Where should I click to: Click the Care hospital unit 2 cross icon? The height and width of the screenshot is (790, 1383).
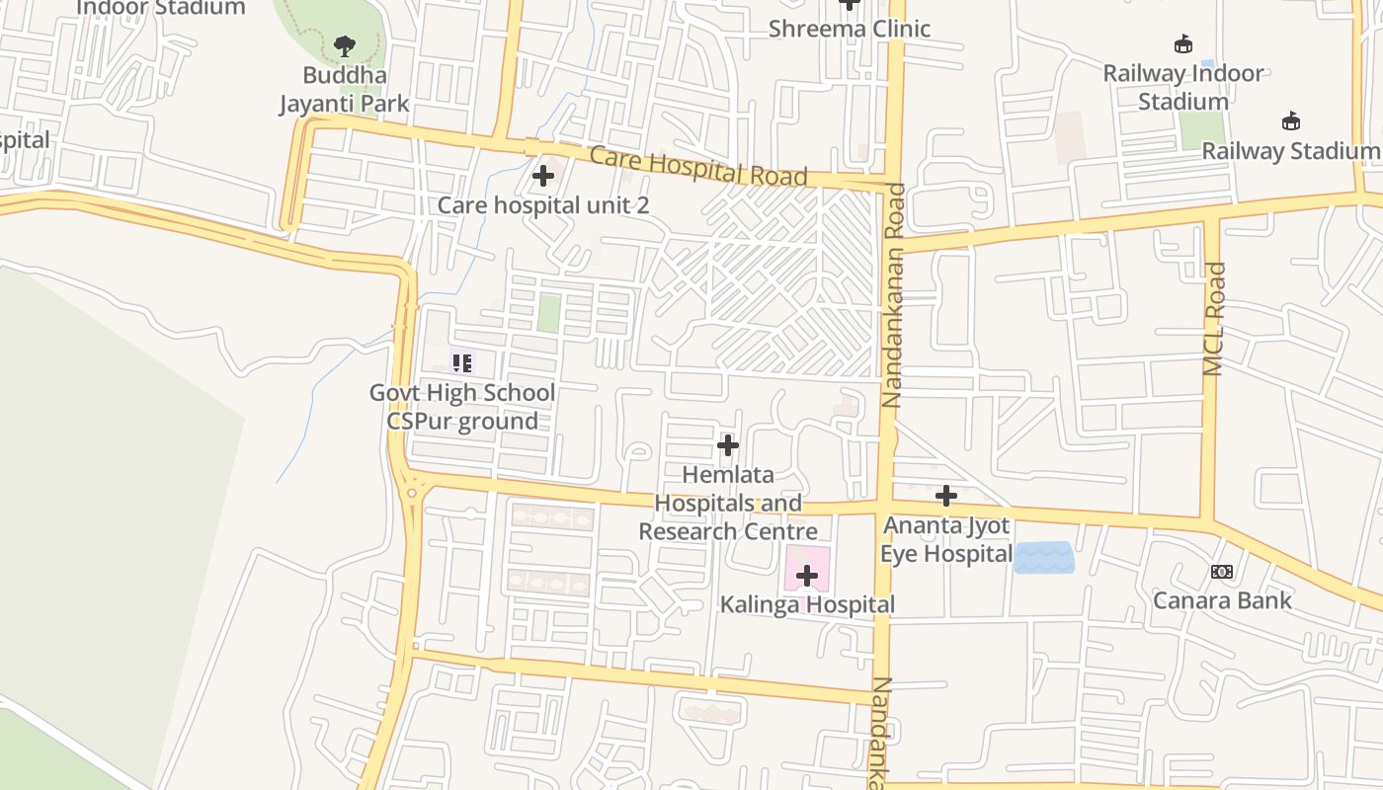point(542,177)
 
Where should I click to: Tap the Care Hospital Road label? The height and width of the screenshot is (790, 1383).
point(698,166)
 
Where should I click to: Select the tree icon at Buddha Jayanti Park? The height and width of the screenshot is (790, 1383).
point(344,45)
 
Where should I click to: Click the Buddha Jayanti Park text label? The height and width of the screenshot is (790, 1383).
point(344,89)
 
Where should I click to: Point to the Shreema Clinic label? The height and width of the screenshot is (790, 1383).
point(850,29)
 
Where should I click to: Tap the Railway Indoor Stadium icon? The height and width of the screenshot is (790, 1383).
point(1182,43)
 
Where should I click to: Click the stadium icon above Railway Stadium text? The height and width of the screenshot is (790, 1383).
point(1290,121)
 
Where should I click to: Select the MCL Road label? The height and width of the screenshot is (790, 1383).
point(1214,318)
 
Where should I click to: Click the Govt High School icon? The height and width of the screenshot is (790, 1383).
point(462,362)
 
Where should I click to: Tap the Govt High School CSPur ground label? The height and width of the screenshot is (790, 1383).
point(462,407)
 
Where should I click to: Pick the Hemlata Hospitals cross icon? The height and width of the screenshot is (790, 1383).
point(728,445)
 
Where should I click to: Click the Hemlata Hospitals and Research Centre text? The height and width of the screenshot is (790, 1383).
point(728,504)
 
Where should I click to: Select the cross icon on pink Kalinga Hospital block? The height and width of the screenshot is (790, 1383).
point(807,575)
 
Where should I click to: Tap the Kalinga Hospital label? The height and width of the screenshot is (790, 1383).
point(807,604)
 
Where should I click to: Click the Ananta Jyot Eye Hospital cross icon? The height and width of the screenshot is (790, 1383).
point(946,495)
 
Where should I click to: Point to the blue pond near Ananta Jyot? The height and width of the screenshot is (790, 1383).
point(1044,558)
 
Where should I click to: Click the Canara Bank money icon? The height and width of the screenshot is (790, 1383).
point(1222,572)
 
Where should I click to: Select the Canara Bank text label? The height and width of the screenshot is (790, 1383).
point(1222,600)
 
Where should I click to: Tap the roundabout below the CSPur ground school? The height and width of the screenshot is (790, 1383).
point(411,491)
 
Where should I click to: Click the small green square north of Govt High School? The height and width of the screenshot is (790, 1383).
point(548,313)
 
